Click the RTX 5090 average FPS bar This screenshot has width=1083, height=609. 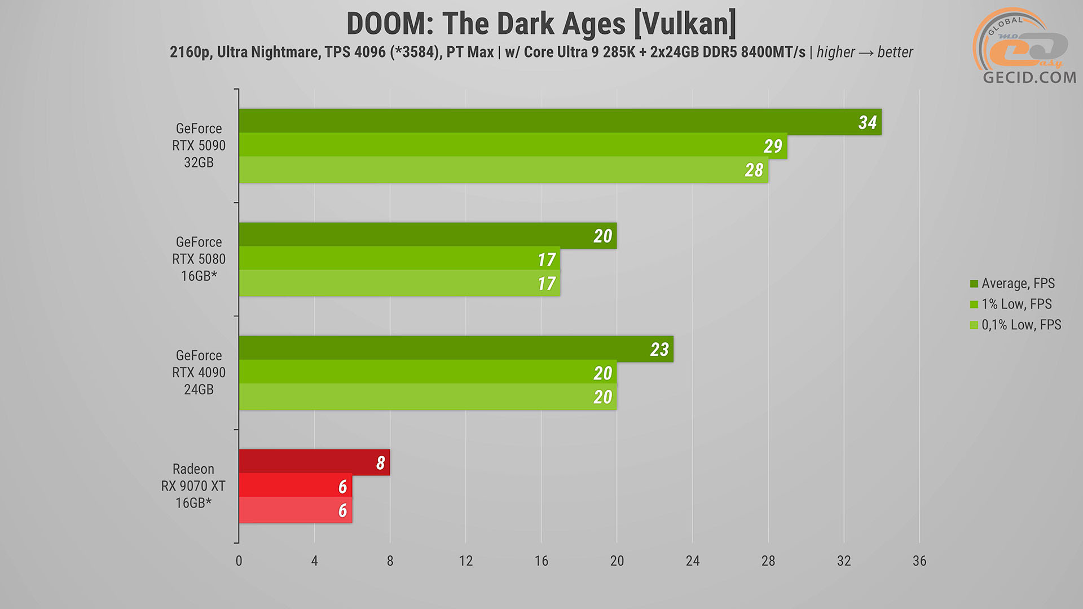click(x=558, y=121)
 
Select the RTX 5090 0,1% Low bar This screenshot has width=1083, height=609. click(x=502, y=170)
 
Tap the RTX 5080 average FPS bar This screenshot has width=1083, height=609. click(x=427, y=235)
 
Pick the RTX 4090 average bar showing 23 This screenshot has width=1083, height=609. click(x=455, y=348)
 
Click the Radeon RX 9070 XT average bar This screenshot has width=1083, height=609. click(x=314, y=462)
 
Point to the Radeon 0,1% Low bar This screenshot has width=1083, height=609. click(x=295, y=510)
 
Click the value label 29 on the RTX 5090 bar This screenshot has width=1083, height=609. click(x=773, y=147)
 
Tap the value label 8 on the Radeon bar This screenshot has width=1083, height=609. click(x=381, y=463)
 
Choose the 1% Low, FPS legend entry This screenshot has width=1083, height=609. click(x=1016, y=304)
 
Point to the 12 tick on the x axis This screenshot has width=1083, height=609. click(x=465, y=561)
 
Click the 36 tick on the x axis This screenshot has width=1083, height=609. click(x=919, y=561)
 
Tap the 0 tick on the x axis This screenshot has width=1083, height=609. click(x=239, y=561)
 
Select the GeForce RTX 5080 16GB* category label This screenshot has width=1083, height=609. click(x=199, y=259)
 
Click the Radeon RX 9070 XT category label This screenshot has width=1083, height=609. click(x=193, y=486)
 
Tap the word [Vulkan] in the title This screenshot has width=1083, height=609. click(x=685, y=24)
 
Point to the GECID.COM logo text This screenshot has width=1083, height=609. click(x=1029, y=77)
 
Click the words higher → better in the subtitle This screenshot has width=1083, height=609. click(x=865, y=52)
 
